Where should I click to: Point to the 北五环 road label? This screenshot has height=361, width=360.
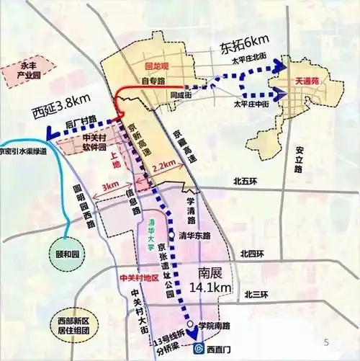pyautogui.click(x=244, y=182)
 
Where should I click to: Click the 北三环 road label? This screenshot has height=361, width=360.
pyautogui.click(x=256, y=294)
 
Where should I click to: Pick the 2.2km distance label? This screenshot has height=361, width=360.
pyautogui.click(x=163, y=166)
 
